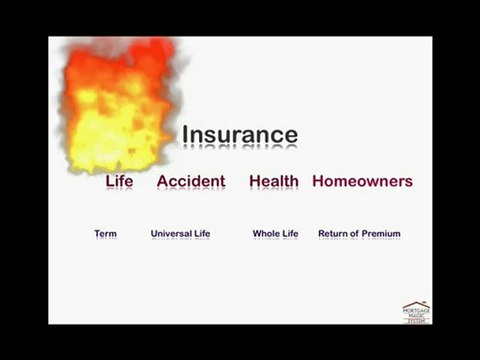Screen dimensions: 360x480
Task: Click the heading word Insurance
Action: click(239, 135)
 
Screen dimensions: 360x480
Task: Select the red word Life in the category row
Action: click(119, 181)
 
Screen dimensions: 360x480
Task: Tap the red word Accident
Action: click(191, 181)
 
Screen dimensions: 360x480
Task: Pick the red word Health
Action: click(274, 181)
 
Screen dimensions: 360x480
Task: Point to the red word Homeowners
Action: click(362, 181)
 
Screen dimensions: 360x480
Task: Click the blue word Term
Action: click(105, 234)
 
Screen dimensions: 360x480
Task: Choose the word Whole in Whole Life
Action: click(266, 234)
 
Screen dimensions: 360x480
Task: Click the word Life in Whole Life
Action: click(290, 234)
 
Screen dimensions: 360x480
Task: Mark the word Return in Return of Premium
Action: click(333, 234)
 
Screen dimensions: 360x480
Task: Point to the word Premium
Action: click(382, 234)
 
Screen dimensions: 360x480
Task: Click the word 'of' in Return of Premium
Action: click(355, 234)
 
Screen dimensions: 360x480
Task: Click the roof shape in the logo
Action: click(417, 304)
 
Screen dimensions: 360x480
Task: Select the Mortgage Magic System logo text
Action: click(417, 315)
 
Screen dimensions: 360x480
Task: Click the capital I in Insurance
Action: click(184, 135)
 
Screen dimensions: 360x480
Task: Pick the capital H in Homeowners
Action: click(318, 181)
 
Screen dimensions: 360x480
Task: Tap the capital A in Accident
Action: click(163, 181)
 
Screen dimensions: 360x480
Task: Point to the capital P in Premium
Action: click(366, 234)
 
